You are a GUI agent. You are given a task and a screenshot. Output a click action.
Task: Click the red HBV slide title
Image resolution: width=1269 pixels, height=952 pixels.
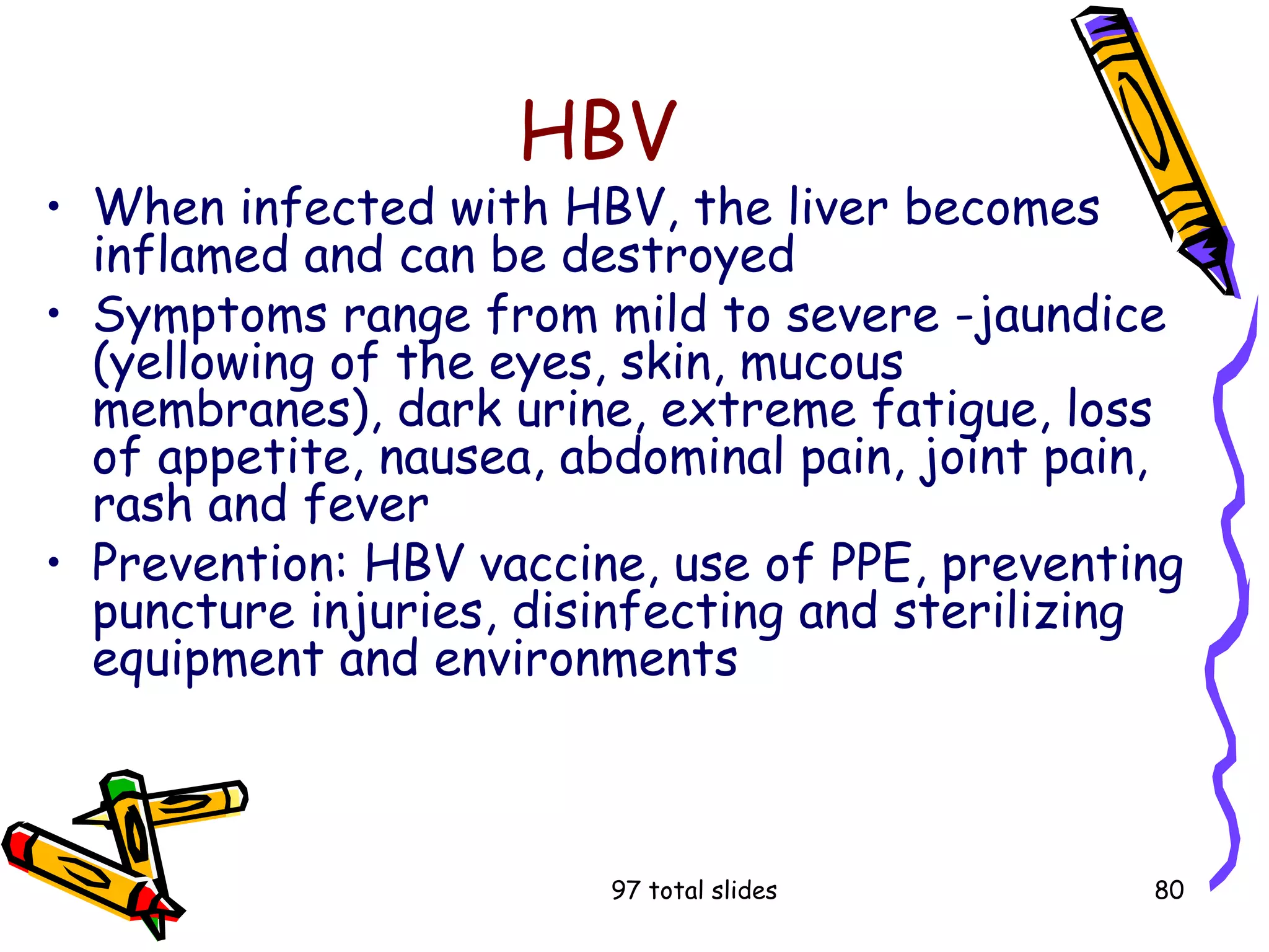[x=599, y=131]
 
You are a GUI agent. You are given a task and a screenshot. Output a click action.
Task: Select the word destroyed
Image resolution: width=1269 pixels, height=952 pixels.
[x=678, y=255]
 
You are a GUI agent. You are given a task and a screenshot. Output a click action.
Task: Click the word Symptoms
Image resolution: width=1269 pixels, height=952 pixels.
[x=210, y=316]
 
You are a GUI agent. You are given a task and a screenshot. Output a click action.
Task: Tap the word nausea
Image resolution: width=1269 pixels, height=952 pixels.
[x=455, y=458]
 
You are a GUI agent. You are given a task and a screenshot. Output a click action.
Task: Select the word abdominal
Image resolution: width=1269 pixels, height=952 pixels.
[x=672, y=457]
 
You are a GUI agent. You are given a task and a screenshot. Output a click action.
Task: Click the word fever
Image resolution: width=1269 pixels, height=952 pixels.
[x=366, y=504]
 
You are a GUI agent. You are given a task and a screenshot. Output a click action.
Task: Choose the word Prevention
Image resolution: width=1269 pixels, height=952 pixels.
[x=221, y=563]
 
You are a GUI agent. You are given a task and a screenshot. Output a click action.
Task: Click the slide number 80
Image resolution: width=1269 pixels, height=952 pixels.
[x=1169, y=890]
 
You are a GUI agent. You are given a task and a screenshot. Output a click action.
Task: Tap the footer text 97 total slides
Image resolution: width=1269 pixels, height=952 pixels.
[x=693, y=890]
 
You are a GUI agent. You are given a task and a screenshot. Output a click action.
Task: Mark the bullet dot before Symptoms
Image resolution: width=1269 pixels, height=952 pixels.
[x=55, y=313]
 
